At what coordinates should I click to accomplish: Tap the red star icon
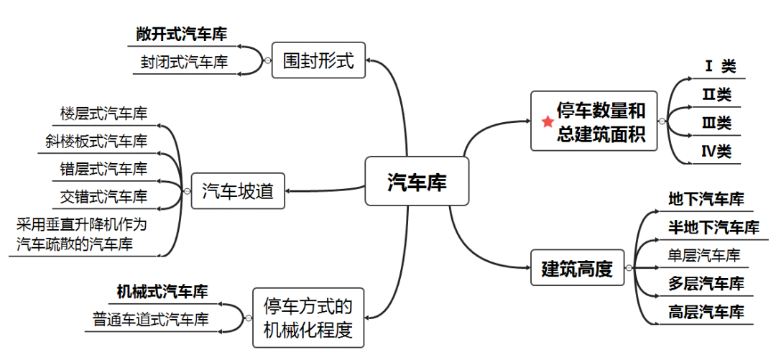(548, 121)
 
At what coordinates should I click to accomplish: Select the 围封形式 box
(318, 61)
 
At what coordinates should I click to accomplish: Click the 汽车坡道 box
(238, 190)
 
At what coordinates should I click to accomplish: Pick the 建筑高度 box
(577, 269)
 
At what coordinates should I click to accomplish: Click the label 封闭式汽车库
(185, 62)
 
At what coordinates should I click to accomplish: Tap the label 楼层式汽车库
(104, 114)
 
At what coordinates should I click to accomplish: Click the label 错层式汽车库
(104, 169)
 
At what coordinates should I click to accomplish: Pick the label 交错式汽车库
(104, 196)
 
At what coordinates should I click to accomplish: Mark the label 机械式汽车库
(162, 292)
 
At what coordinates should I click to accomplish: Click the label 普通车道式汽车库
(151, 320)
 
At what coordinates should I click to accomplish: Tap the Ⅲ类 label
(716, 123)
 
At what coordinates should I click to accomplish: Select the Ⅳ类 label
(716, 152)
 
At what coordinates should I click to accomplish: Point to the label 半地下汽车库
(713, 228)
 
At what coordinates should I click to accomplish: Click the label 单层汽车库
(703, 255)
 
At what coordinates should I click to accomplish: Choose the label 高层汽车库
(706, 312)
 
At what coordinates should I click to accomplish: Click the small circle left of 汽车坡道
(186, 191)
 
